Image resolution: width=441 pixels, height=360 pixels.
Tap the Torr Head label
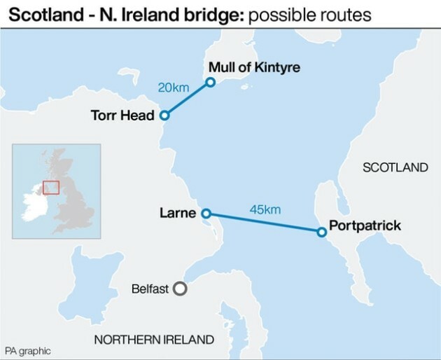click(122, 116)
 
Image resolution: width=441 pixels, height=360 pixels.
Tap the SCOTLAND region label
click(394, 167)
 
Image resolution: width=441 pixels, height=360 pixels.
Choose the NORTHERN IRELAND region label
click(154, 340)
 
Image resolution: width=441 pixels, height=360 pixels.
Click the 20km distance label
click(172, 88)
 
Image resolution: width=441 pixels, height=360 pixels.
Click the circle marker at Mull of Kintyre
click(209, 83)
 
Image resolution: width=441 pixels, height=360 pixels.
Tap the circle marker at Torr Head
click(164, 116)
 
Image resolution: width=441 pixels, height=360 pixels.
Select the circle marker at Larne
click(206, 213)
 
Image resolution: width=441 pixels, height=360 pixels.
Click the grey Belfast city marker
click(180, 288)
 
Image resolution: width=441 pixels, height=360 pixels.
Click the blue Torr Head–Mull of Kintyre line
click(187, 99)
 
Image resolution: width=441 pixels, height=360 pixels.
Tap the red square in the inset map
click(50, 187)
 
